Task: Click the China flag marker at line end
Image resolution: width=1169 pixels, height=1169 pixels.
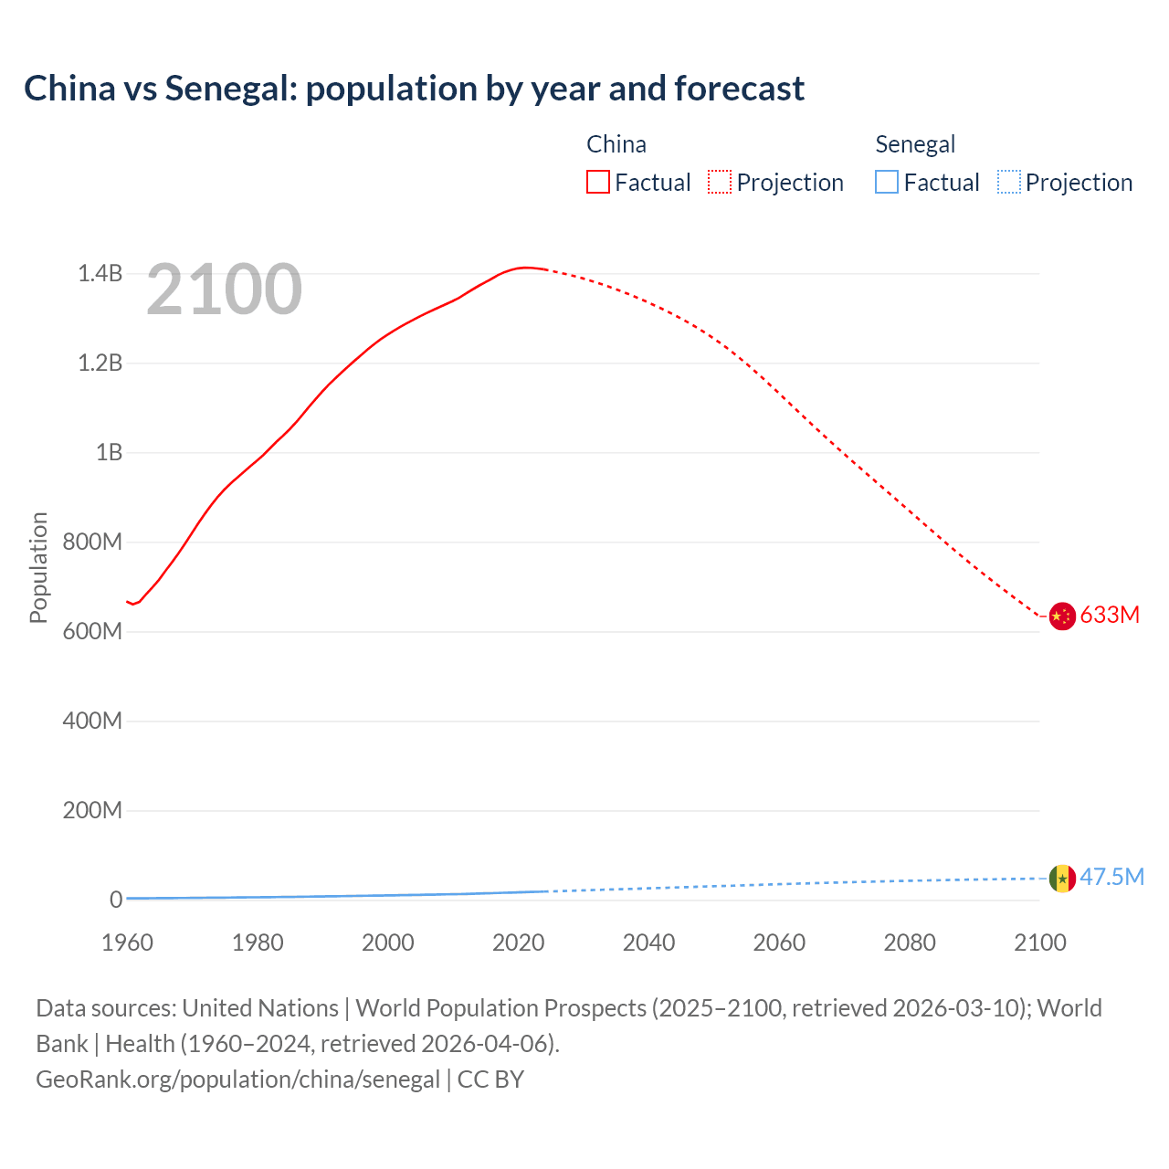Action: click(x=1061, y=616)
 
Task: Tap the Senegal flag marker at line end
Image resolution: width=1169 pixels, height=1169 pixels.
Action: click(x=1061, y=879)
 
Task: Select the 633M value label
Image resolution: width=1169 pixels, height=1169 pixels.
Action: click(x=1110, y=615)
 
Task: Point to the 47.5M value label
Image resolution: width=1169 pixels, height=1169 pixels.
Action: click(x=1111, y=877)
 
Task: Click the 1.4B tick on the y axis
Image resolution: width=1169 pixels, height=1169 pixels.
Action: click(x=100, y=273)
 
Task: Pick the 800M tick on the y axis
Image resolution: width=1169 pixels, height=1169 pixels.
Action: click(x=92, y=542)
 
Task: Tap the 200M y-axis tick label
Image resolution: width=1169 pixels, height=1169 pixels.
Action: click(x=92, y=810)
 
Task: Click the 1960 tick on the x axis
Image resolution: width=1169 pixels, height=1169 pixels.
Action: click(x=127, y=943)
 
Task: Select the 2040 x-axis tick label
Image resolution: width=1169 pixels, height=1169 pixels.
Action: click(x=648, y=943)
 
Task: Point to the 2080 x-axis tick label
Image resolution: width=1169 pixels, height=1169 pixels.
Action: click(x=910, y=943)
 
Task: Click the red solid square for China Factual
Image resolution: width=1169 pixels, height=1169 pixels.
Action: click(x=598, y=182)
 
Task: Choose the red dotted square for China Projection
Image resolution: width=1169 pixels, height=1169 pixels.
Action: click(x=720, y=182)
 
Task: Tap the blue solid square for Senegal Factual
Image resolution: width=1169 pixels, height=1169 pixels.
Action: click(x=887, y=182)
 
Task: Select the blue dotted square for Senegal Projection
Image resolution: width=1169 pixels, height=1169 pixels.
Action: click(x=1008, y=182)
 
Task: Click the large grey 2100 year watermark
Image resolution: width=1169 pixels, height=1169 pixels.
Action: click(x=224, y=290)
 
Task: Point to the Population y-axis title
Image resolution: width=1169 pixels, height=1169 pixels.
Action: click(x=38, y=567)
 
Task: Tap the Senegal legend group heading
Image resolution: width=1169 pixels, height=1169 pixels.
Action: click(x=915, y=144)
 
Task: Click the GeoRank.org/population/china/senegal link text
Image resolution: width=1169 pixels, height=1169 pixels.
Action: click(x=237, y=1079)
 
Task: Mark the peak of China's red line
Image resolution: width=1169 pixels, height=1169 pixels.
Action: click(x=525, y=268)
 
